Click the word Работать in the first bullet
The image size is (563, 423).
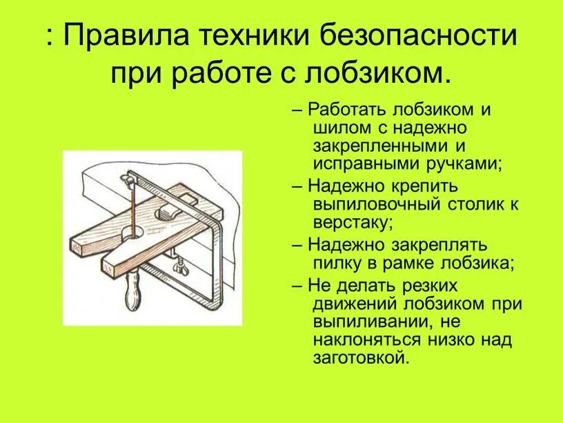point(347,110)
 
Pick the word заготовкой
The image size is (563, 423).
point(361,357)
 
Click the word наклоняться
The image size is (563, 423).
point(375,340)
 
